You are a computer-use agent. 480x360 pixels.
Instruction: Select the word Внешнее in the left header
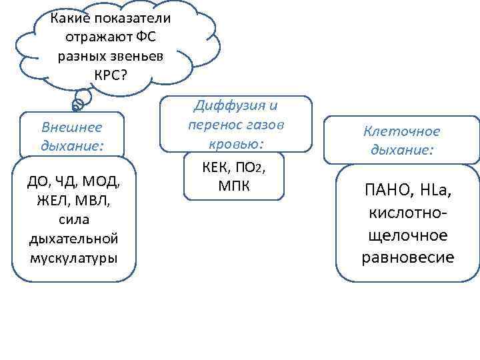(72, 126)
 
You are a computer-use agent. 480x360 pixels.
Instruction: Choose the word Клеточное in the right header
(402, 132)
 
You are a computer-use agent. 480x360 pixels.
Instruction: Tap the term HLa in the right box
(434, 193)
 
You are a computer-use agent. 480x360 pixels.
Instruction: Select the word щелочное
(407, 235)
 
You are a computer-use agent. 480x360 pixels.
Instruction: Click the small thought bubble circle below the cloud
(77, 104)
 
